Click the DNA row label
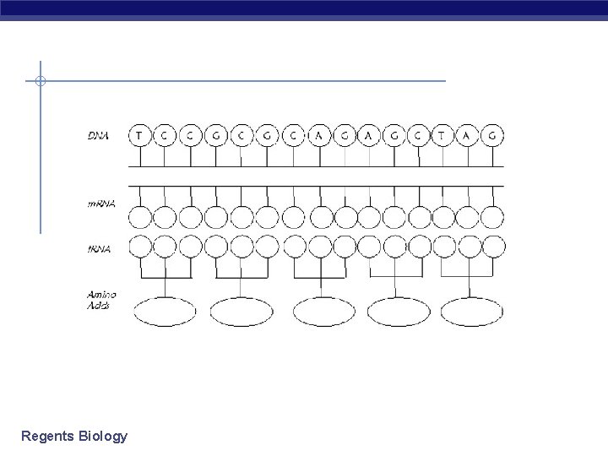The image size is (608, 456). pyautogui.click(x=100, y=134)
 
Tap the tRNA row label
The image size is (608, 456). pyautogui.click(x=99, y=247)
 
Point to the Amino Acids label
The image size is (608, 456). pyautogui.click(x=102, y=300)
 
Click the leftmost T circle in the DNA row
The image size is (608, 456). pyautogui.click(x=139, y=134)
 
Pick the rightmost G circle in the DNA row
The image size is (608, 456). pyautogui.click(x=493, y=134)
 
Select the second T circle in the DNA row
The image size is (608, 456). pyautogui.click(x=442, y=134)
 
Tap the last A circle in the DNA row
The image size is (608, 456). pyautogui.click(x=468, y=134)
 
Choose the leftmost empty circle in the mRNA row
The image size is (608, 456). pyautogui.click(x=139, y=217)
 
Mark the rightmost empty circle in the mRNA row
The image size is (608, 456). pyautogui.click(x=493, y=217)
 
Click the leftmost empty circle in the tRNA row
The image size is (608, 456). pyautogui.click(x=139, y=247)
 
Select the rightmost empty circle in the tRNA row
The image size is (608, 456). pyautogui.click(x=493, y=247)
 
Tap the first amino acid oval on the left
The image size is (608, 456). pyautogui.click(x=166, y=312)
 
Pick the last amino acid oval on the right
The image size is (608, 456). pyautogui.click(x=472, y=312)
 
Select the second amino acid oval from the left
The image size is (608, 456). pyautogui.click(x=242, y=312)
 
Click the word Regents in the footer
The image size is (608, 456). pyautogui.click(x=47, y=437)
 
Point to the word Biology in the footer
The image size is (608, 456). pyautogui.click(x=102, y=437)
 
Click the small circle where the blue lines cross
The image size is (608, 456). pyautogui.click(x=40, y=81)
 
